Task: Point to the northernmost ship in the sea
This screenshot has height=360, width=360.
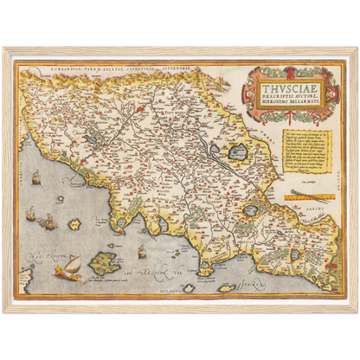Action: tap(37, 178)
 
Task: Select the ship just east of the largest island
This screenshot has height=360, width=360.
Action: tap(140, 252)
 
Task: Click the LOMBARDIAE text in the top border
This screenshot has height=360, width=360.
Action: tap(57, 66)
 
